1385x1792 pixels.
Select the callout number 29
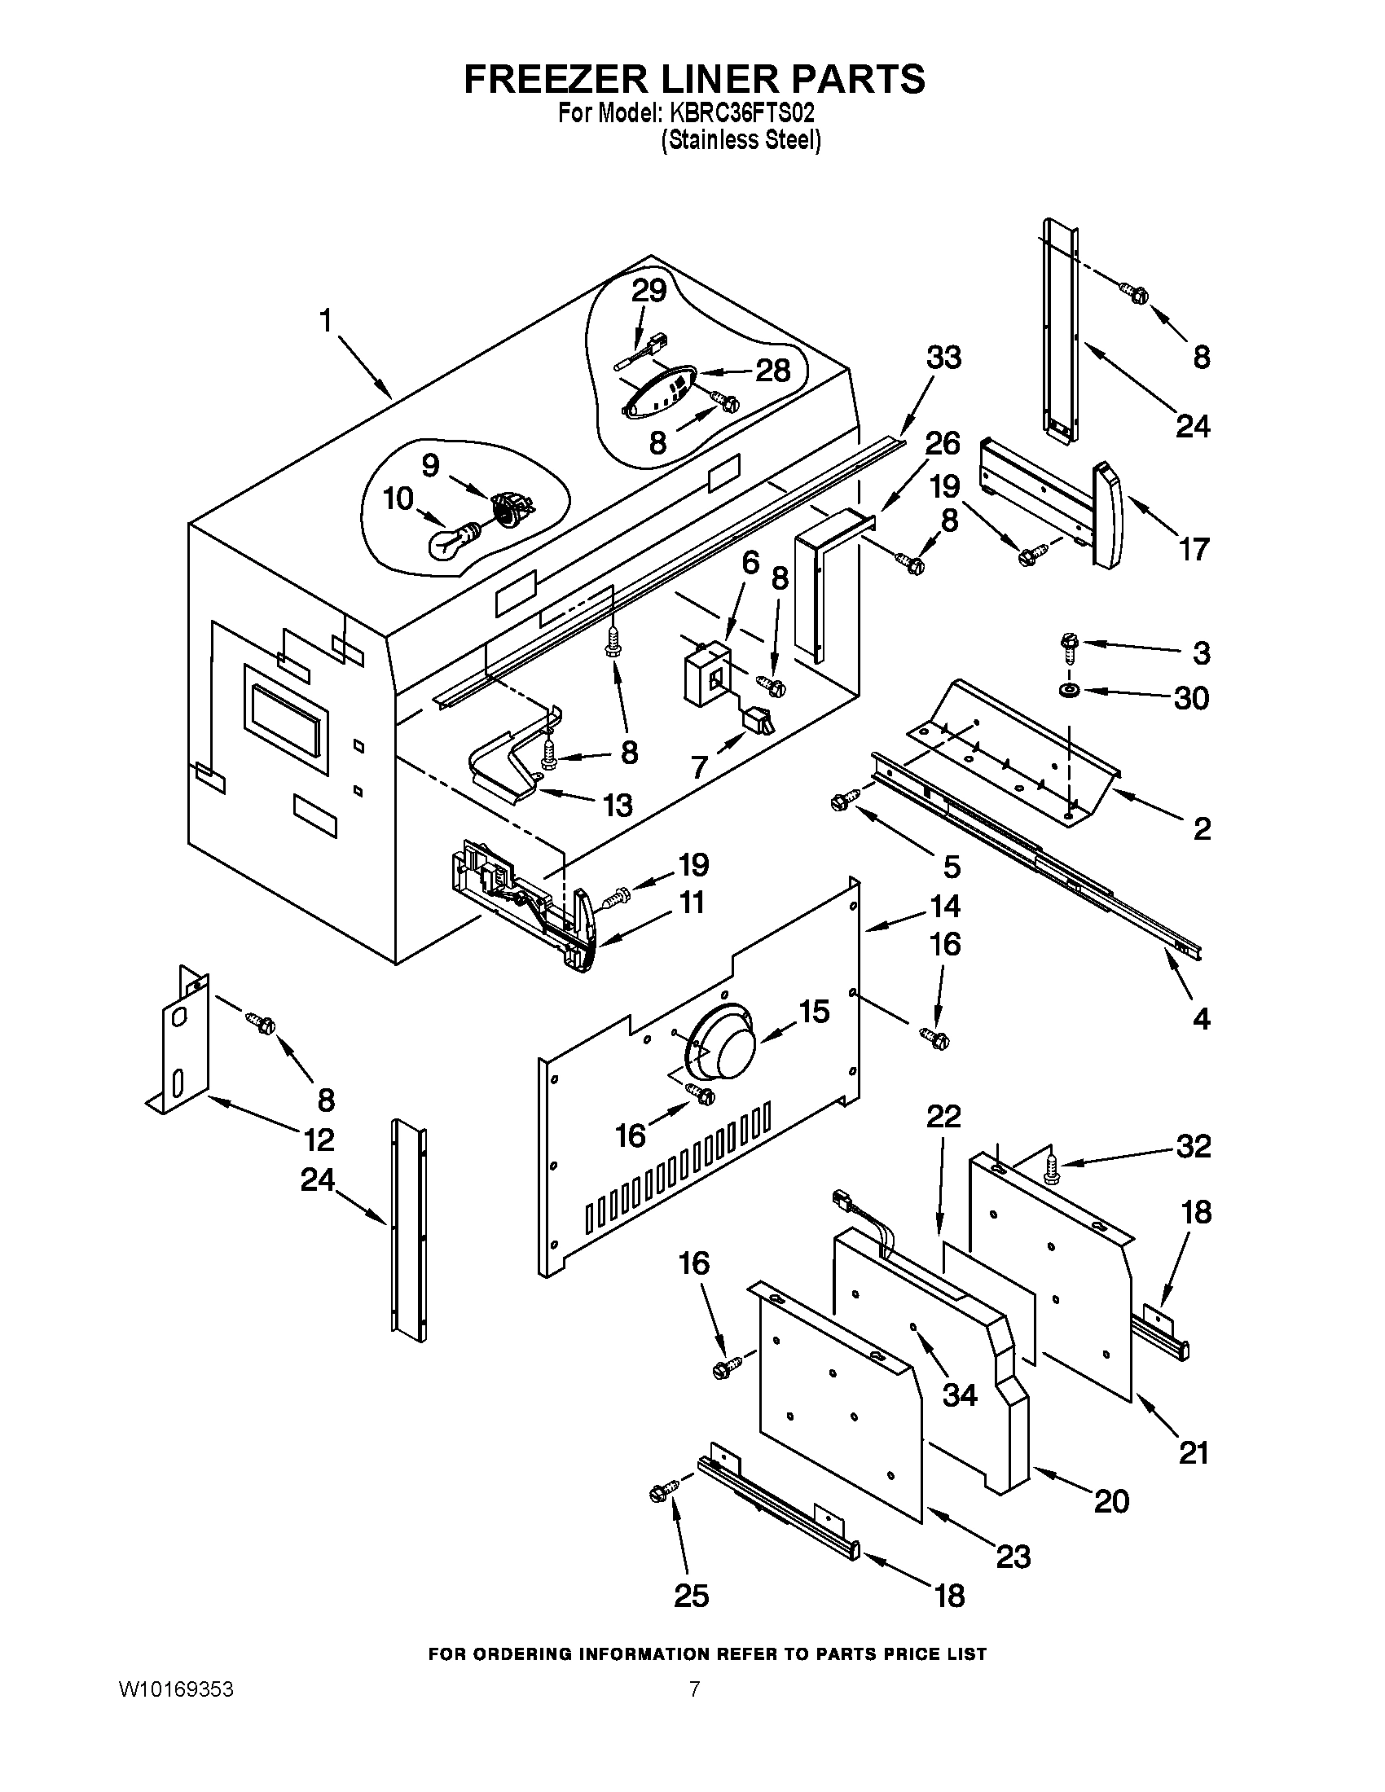(649, 292)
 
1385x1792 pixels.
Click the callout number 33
(943, 358)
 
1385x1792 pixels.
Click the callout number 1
(327, 321)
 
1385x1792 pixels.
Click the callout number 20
(1111, 1500)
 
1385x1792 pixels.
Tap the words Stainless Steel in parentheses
(741, 141)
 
